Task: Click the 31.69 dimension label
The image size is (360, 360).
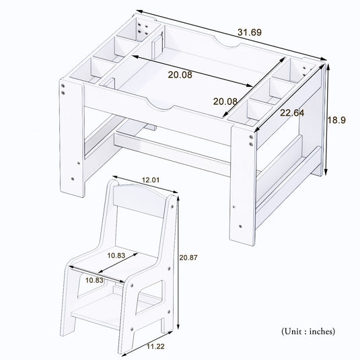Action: (x=249, y=32)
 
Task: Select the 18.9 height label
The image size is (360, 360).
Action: (x=336, y=120)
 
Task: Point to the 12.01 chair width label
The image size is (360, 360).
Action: (x=152, y=180)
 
